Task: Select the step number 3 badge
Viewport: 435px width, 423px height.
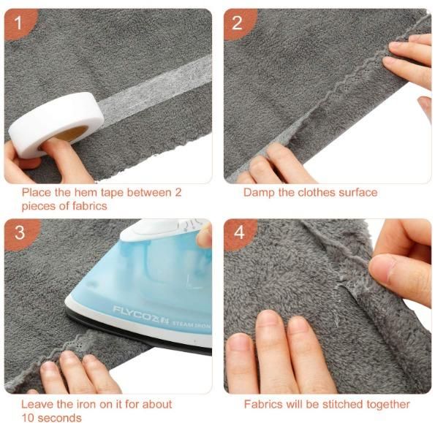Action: point(20,233)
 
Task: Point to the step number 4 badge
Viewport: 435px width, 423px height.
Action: point(239,233)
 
